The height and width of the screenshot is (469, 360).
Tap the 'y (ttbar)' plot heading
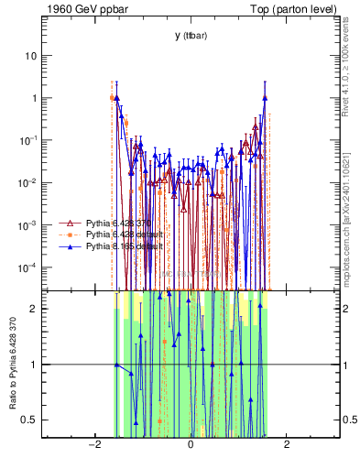coord(190,36)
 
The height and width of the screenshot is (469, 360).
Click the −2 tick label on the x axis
coord(93,445)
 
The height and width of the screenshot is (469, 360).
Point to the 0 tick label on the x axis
coord(190,445)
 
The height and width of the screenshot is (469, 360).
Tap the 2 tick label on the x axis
coord(287,445)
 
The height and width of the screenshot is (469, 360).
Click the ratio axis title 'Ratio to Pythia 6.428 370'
coord(12,364)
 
